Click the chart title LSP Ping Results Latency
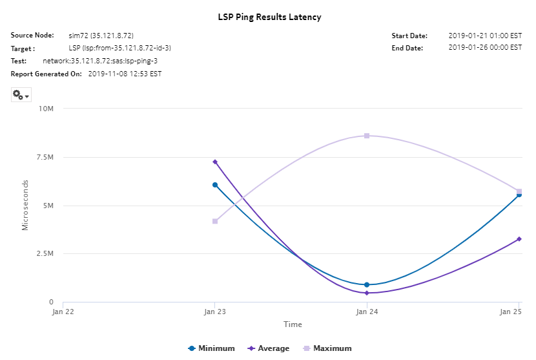269,17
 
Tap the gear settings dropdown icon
21,95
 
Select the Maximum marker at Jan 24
367,136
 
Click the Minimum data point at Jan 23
215,185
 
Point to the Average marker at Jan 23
215,162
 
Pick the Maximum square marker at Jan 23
215,221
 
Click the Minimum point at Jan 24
367,284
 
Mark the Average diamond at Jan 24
367,293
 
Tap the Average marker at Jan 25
519,239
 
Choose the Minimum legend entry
211,348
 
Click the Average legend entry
269,348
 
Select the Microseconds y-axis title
25,206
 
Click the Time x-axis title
291,324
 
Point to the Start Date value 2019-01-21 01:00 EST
485,36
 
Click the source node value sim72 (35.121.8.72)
101,36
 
